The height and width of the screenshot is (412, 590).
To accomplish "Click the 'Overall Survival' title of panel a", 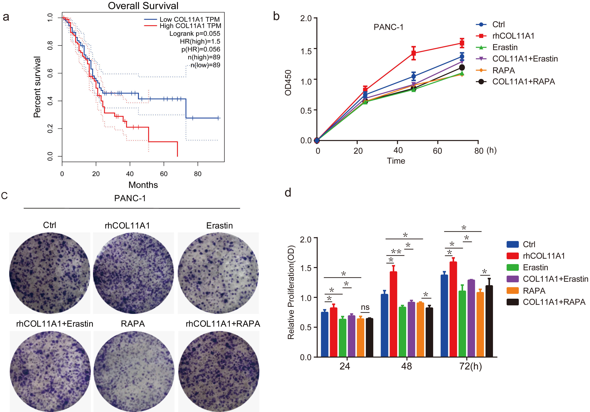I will [143, 6].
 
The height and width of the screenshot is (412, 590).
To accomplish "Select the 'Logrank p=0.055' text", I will [195, 34].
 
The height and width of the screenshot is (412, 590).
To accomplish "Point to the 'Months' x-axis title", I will [143, 185].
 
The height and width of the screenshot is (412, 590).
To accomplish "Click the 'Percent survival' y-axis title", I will [37, 87].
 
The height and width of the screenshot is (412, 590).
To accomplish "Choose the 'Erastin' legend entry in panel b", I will [505, 47].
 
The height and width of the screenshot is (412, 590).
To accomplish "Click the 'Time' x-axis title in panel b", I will [396, 161].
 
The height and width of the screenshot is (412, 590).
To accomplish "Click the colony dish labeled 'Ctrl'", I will [50, 273].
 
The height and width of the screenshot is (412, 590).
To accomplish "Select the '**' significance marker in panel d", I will [396, 251].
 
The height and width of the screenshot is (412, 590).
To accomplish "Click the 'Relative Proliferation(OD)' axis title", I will [291, 293].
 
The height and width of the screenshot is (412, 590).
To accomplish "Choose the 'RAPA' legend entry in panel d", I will [534, 291].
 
